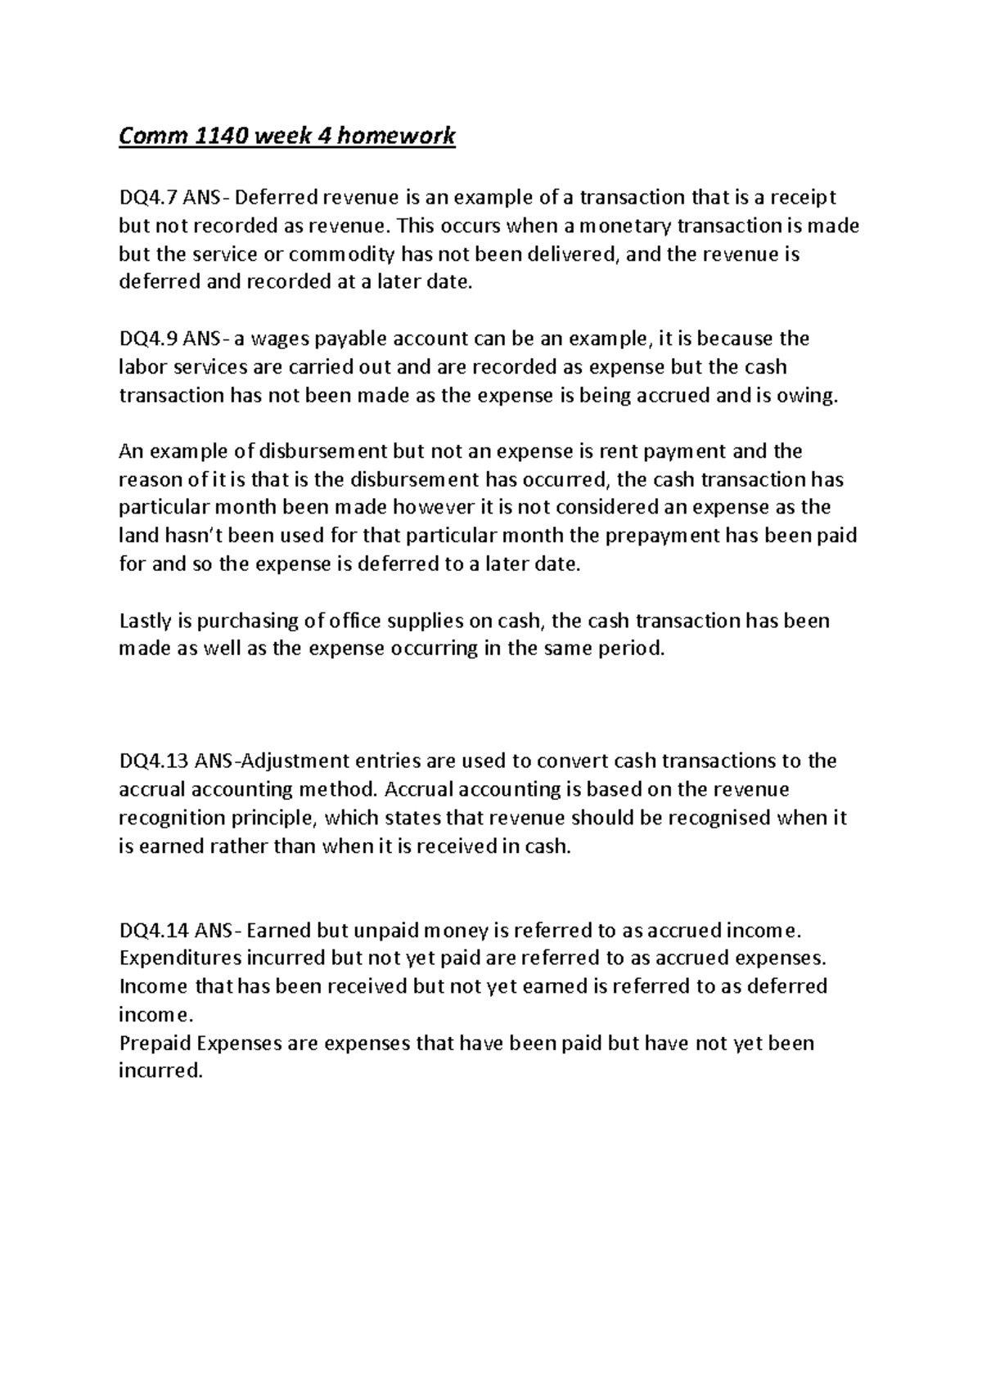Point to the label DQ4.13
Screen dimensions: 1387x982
click(154, 761)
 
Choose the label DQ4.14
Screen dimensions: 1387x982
click(154, 930)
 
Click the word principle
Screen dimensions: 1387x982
click(273, 819)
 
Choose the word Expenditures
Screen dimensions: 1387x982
click(180, 958)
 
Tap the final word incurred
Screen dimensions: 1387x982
click(160, 1071)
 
